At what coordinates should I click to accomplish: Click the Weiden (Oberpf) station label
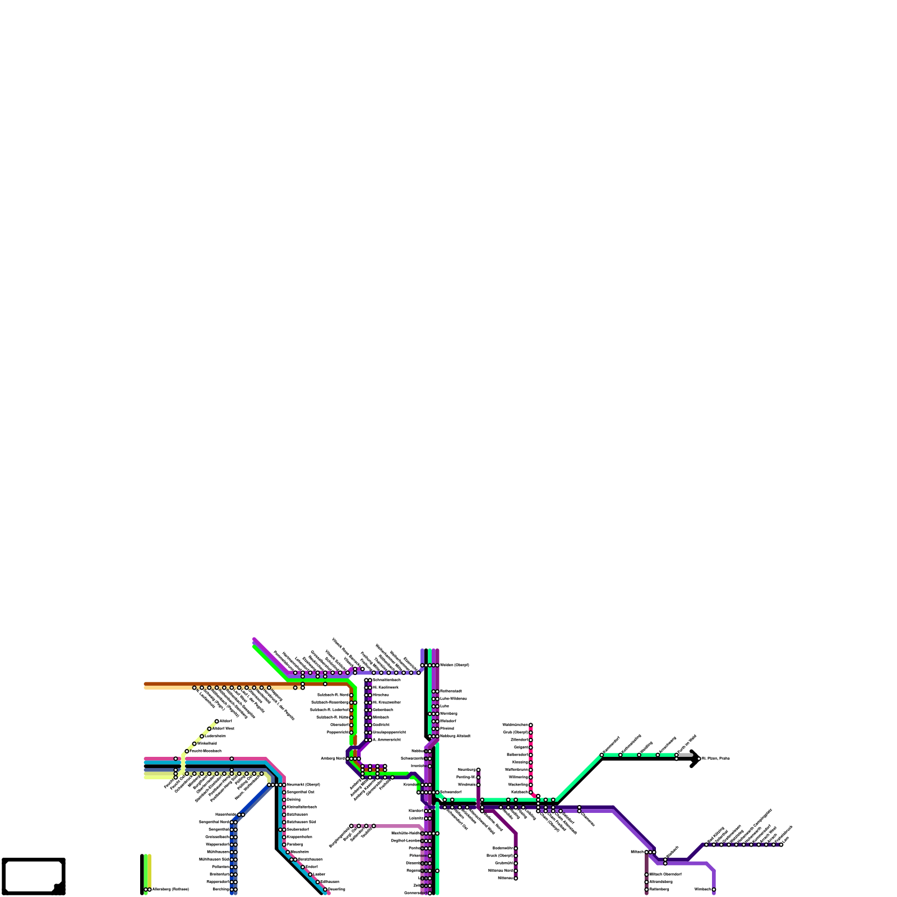[454, 665]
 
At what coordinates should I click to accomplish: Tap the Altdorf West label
[223, 728]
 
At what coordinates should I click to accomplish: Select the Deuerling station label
[336, 889]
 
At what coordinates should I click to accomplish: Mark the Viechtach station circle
[714, 889]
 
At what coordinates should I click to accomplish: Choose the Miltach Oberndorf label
[665, 874]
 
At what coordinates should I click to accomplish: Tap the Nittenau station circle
[516, 878]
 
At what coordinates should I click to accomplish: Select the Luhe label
[444, 706]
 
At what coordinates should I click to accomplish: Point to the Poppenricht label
[338, 732]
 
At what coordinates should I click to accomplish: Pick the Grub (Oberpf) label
[515, 732]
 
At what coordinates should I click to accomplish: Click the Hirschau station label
[381, 695]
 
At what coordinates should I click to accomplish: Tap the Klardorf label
[415, 811]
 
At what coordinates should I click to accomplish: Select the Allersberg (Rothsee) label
[170, 889]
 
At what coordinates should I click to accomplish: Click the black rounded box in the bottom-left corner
[34, 876]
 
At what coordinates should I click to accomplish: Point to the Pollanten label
[220, 867]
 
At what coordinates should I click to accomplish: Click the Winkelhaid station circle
[195, 743]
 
